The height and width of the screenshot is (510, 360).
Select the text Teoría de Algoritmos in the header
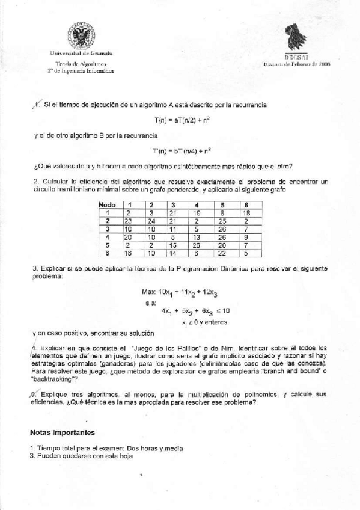pyautogui.click(x=81, y=63)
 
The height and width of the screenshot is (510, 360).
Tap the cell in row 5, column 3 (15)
pyautogui.click(x=173, y=245)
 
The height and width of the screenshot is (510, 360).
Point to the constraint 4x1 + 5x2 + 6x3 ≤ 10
pyautogui.click(x=196, y=311)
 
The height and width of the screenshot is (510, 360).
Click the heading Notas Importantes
pyautogui.click(x=63, y=432)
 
